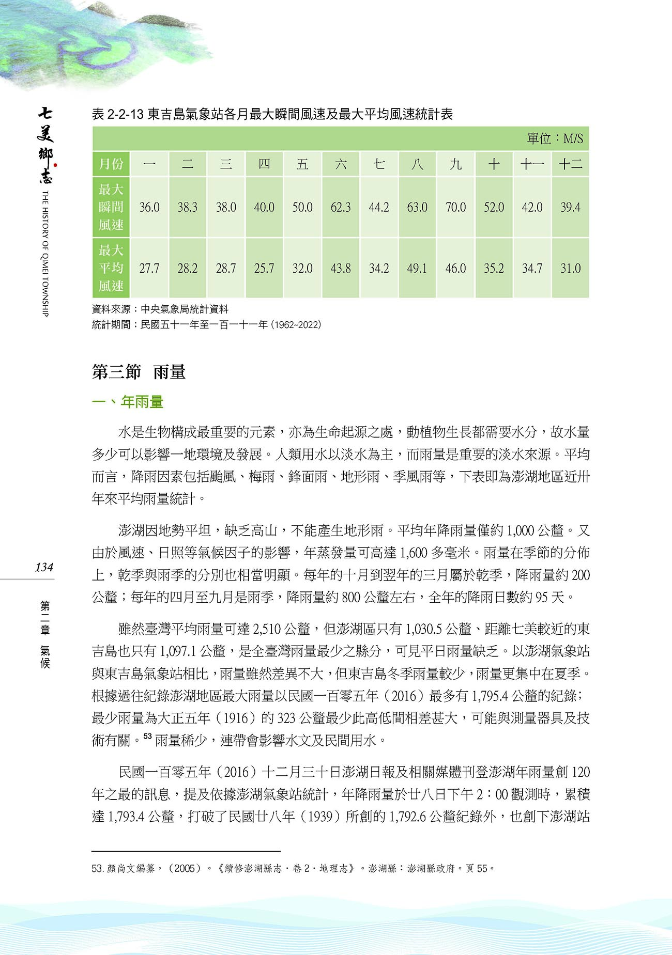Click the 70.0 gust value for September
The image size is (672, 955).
coord(455,208)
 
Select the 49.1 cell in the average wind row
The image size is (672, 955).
coord(417,269)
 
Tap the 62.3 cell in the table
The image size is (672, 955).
coord(341,208)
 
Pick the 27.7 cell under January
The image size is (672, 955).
coord(149,269)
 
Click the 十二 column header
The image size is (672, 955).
coord(570,165)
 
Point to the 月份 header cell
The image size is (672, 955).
coord(111,165)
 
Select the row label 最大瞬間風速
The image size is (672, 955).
coord(111,208)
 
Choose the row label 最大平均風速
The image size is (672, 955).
coord(111,269)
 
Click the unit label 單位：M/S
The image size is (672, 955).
coord(555,139)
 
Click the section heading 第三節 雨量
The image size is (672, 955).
coord(139,372)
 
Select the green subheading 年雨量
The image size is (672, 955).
coord(142,402)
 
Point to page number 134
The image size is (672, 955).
coord(44,567)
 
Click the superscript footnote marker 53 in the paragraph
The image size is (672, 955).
coord(147,736)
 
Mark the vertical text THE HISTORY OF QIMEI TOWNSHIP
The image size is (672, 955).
coord(45,253)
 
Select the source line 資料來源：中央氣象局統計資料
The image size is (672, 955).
coord(160,309)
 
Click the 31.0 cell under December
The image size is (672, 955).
coord(570,269)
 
